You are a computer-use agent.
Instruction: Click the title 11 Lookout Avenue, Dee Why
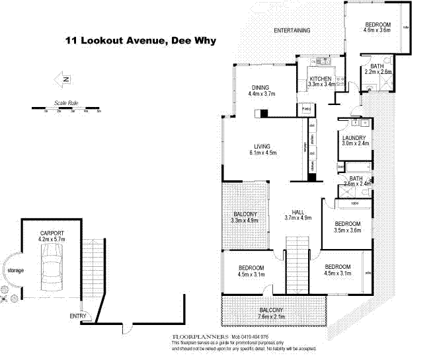(x=140, y=40)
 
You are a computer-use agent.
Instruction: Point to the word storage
(x=15, y=271)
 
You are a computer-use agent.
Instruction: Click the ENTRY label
(x=78, y=316)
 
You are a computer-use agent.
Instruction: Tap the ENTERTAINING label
(x=293, y=30)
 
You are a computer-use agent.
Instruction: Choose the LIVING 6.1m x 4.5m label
(x=262, y=149)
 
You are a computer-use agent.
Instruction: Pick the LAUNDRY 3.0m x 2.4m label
(x=355, y=140)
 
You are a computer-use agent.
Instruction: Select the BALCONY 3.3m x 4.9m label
(x=245, y=217)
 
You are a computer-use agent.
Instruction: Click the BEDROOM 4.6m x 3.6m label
(x=378, y=28)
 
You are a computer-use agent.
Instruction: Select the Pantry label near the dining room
(x=307, y=108)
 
